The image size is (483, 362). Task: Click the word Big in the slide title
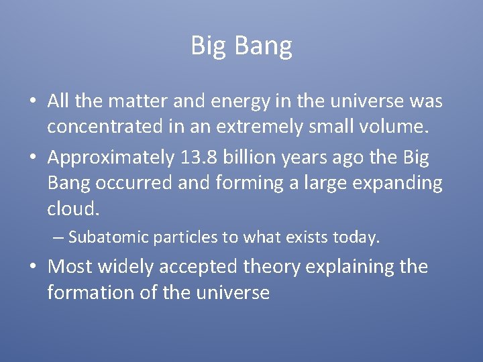pos(206,46)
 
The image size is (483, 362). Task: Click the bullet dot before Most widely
pos(33,267)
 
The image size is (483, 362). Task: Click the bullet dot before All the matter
pos(33,102)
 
